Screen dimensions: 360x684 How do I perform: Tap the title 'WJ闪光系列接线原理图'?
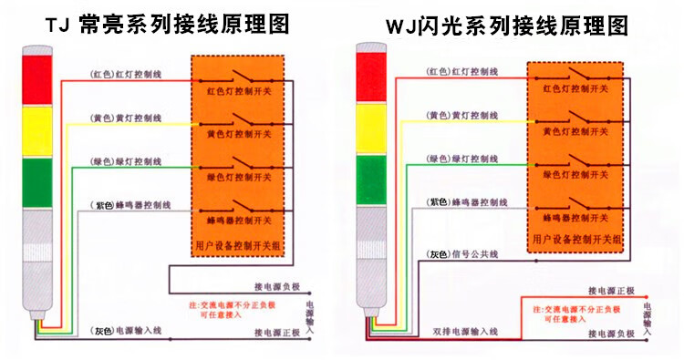coord(507,26)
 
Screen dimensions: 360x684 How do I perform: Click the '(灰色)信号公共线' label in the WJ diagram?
coord(462,253)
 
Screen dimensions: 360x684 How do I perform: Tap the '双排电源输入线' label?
coord(465,329)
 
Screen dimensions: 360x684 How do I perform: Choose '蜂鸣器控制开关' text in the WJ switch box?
coord(575,220)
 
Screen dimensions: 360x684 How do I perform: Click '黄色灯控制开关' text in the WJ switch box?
coord(575,131)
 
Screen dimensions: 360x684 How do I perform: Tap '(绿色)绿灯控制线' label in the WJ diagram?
coord(462,158)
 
